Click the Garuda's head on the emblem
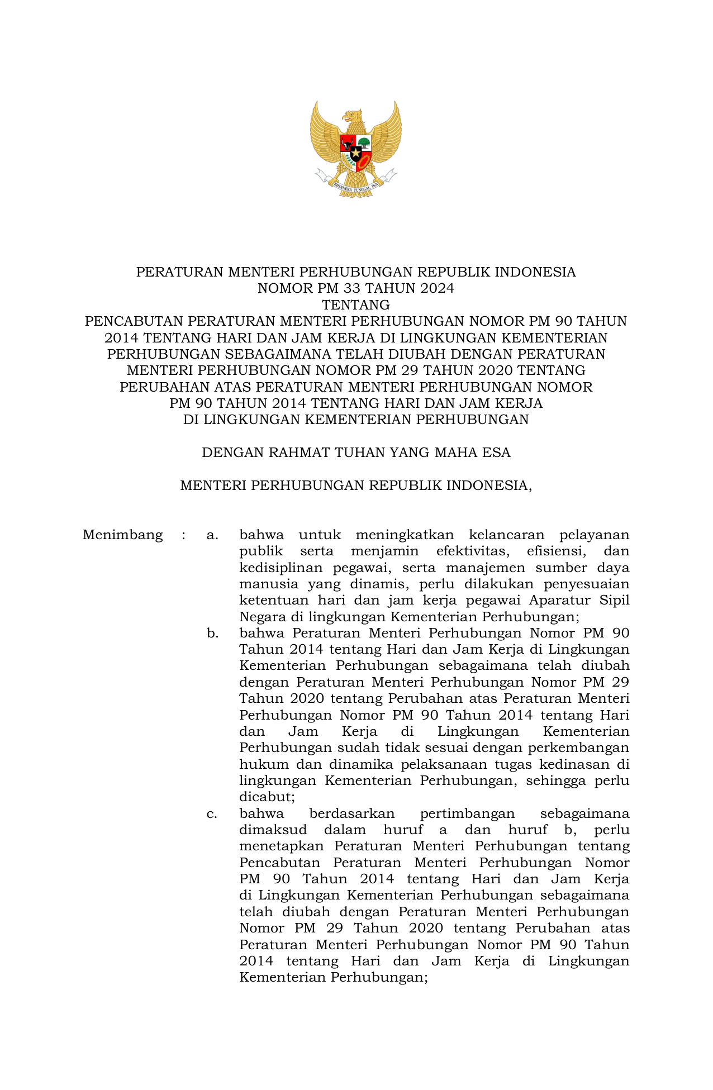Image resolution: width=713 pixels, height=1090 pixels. coord(352,116)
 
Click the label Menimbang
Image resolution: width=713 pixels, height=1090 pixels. coord(122,535)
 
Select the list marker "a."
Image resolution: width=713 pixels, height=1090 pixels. coord(212,535)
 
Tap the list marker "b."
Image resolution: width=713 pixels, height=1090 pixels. coord(212,633)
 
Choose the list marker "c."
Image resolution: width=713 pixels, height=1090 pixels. coord(212,813)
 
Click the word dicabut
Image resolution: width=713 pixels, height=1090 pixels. coord(266,797)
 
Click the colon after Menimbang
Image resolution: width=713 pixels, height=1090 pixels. coord(183,535)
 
